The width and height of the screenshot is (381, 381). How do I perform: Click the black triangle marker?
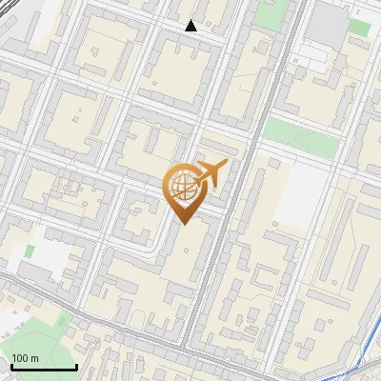191,26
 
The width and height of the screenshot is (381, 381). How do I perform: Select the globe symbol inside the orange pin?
182,189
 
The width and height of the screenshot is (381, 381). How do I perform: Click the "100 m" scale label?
25,357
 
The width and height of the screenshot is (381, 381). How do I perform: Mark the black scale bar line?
44,367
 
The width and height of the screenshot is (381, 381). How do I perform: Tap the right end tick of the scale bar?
76,365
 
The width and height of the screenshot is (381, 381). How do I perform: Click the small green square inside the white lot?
30,251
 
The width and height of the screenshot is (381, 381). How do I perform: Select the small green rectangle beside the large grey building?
359,26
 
